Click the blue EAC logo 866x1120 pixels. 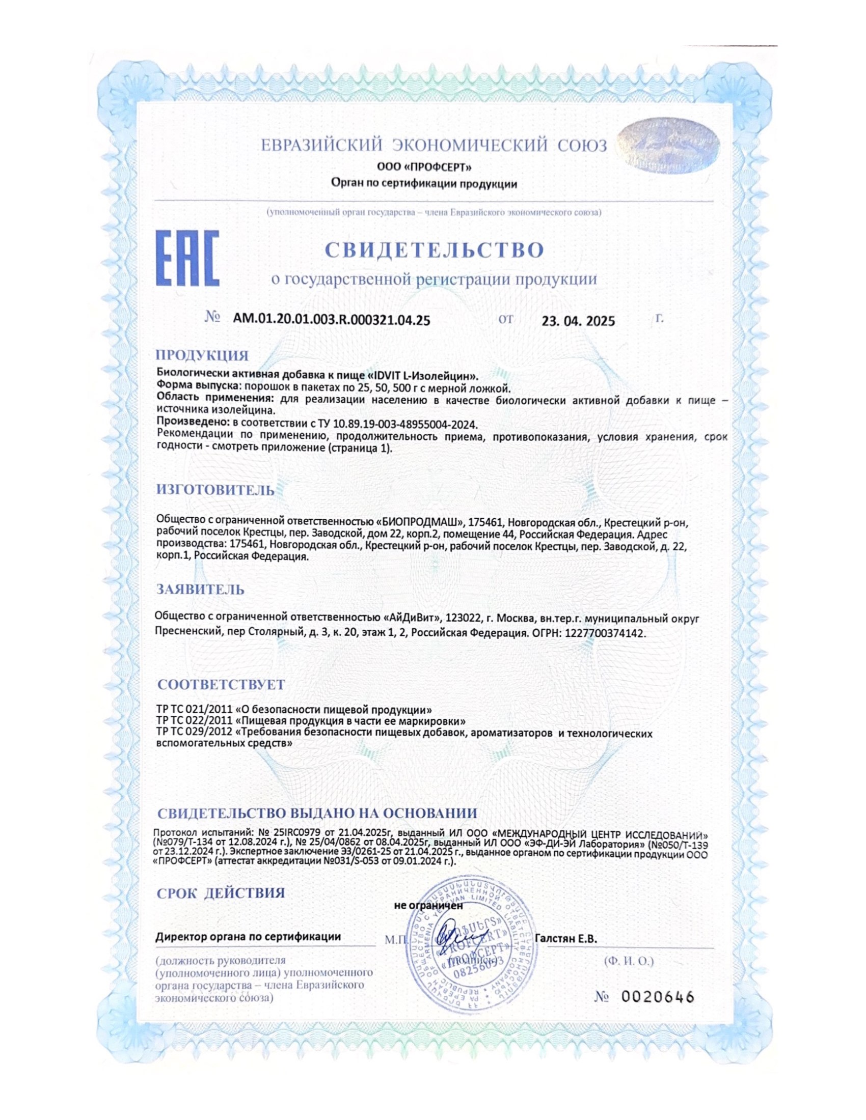[187, 258]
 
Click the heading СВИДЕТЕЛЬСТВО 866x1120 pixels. [434, 250]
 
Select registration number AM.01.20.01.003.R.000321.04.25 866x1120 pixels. [332, 321]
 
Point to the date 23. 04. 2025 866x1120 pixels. [578, 321]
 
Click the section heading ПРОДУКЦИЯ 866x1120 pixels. [202, 355]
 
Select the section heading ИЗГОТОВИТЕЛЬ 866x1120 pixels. [215, 490]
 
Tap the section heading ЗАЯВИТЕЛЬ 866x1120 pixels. [201, 589]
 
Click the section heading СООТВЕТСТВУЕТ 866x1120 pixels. [221, 685]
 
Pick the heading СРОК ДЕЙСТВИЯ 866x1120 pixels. [221, 893]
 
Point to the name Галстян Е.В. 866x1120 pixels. [566, 939]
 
